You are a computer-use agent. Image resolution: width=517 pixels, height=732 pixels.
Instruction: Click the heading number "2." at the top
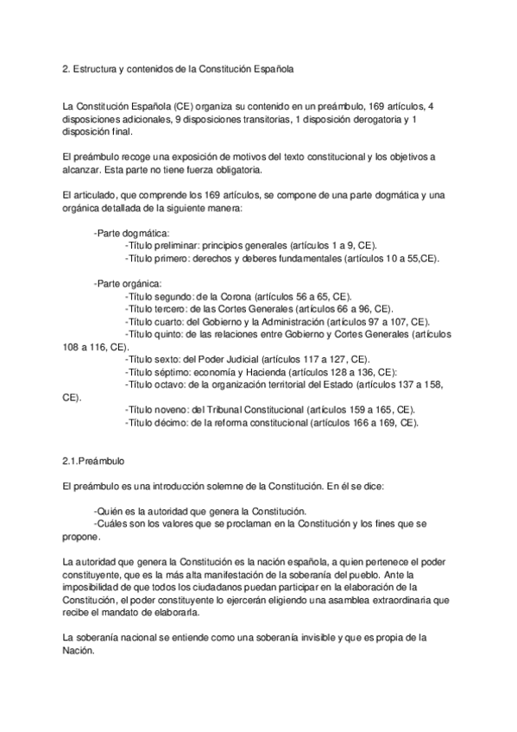point(56,66)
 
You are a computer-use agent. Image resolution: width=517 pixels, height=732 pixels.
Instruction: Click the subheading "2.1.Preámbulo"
point(86,462)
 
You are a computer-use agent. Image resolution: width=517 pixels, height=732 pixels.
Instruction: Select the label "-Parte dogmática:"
point(131,233)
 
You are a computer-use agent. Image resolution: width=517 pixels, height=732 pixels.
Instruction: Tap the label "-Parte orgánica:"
point(127,282)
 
